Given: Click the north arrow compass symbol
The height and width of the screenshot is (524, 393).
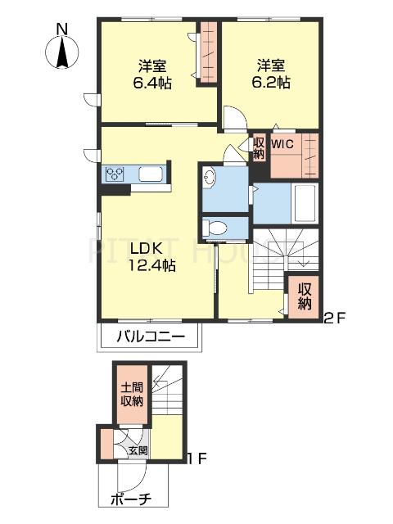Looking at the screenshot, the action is pos(62,52).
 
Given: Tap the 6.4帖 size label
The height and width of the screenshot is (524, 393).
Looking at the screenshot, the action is pos(152,83).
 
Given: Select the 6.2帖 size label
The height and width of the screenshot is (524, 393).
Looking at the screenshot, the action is pos(271,82).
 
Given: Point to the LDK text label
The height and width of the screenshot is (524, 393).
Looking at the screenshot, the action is pos(147,249).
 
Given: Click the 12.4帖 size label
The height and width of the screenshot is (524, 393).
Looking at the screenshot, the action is pos(152,265).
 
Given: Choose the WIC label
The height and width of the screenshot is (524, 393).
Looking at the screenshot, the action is pos(282,144).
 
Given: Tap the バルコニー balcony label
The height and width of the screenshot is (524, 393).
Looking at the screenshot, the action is pos(151,337).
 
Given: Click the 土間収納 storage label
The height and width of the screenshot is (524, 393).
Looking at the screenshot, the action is pos(132,395).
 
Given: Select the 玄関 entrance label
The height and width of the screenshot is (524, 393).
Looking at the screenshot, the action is pos(138,450).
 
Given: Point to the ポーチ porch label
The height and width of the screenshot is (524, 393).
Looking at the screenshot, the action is pos(131,500).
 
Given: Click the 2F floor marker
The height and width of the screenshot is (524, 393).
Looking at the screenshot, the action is pos(334,318).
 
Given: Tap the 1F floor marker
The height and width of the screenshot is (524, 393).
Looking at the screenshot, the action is pos(196,458).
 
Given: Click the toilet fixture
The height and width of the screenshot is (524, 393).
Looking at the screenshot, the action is pos(215,228).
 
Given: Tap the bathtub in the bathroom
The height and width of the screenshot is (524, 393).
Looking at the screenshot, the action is pos(305,203).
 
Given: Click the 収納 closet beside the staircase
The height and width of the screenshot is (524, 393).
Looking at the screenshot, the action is pos(304,296).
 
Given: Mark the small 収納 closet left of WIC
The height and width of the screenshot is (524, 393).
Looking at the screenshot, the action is pos(259,147).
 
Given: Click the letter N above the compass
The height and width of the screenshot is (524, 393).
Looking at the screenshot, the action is pos(62,29).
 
